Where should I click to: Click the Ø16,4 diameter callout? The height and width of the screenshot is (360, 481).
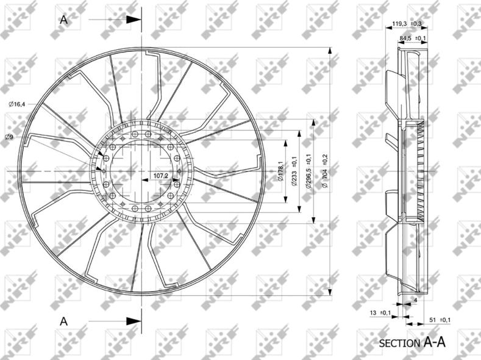(x=17, y=104)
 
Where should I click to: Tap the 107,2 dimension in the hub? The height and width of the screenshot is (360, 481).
(x=160, y=176)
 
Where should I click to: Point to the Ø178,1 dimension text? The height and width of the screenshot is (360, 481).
(x=280, y=171)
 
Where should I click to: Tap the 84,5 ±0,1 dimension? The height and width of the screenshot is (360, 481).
(x=413, y=38)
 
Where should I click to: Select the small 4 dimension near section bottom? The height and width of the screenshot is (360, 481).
(x=415, y=300)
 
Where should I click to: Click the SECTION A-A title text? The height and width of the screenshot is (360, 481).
(x=412, y=342)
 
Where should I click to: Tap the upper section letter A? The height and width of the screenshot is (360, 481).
(x=63, y=20)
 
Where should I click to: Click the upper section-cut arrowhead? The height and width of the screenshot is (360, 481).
(x=134, y=20)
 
